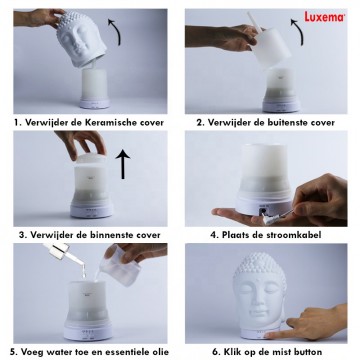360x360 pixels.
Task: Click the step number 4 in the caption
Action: coord(213,236)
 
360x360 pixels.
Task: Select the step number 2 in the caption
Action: coord(200,123)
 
